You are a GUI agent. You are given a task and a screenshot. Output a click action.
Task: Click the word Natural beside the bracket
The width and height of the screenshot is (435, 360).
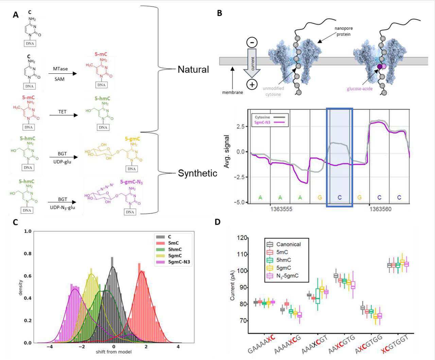click(x=193, y=70)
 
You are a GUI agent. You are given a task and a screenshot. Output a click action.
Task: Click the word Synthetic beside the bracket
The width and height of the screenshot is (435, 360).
click(x=197, y=173)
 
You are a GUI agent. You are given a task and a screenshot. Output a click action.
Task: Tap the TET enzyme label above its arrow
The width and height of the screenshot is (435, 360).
click(x=63, y=112)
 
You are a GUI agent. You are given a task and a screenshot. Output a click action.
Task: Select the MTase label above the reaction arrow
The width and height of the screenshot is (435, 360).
click(x=60, y=69)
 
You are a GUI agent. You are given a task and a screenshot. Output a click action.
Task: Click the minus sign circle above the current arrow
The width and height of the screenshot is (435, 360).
click(x=252, y=43)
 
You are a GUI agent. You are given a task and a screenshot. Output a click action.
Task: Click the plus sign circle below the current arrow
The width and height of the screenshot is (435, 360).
click(x=252, y=85)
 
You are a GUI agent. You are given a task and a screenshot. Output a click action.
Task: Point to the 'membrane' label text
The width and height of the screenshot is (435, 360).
click(x=232, y=92)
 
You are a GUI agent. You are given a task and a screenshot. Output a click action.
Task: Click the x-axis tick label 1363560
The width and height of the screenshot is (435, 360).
click(x=380, y=209)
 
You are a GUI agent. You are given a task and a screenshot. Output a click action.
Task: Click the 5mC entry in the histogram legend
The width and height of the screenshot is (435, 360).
click(x=173, y=243)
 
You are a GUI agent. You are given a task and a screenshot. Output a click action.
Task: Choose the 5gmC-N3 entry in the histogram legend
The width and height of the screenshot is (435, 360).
click(x=178, y=262)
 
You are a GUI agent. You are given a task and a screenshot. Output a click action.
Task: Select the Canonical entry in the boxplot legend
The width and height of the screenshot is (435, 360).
click(x=289, y=244)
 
